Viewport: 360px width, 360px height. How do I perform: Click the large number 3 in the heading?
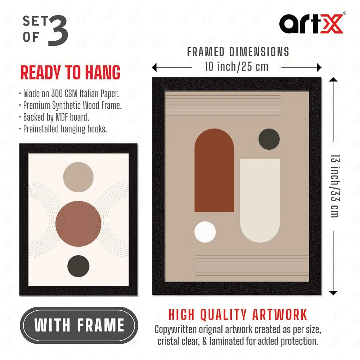(x=58, y=30)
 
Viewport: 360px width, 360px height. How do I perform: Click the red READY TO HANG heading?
(x=70, y=72)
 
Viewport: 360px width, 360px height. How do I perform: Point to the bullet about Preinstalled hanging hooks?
(x=63, y=129)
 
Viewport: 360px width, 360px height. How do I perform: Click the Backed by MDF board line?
(x=54, y=117)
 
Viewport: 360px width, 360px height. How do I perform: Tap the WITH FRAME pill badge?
(x=79, y=325)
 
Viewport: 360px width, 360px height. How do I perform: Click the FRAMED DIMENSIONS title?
(x=238, y=52)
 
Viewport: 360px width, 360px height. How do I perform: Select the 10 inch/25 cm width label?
(x=237, y=67)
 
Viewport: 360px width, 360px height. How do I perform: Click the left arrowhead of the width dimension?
(x=154, y=68)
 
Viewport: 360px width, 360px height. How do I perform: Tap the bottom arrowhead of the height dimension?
(x=333, y=293)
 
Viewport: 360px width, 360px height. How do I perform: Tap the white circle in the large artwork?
(x=205, y=232)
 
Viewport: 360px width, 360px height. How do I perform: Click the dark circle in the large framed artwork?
(x=269, y=139)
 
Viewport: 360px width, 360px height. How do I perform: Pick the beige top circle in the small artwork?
(x=78, y=177)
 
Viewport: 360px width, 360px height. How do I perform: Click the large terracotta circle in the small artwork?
(x=78, y=224)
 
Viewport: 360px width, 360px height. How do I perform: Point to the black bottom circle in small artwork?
(x=78, y=266)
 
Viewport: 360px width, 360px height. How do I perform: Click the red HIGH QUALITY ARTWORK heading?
(x=238, y=314)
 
